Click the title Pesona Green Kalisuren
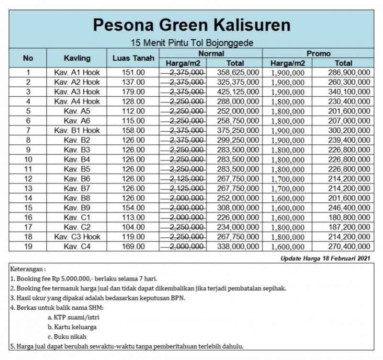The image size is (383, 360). [x=191, y=24]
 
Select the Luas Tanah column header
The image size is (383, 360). [x=134, y=58]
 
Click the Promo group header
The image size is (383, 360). [x=318, y=53]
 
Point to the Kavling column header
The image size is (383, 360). [x=77, y=58]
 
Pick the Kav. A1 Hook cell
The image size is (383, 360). [x=77, y=72]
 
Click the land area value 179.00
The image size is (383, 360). [x=134, y=92]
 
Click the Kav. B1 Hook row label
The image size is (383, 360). [x=77, y=130]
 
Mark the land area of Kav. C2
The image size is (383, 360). [x=134, y=227]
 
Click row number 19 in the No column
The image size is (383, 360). [x=28, y=246]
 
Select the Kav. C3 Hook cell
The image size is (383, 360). [x=77, y=237]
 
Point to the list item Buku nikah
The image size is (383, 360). [x=67, y=337]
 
